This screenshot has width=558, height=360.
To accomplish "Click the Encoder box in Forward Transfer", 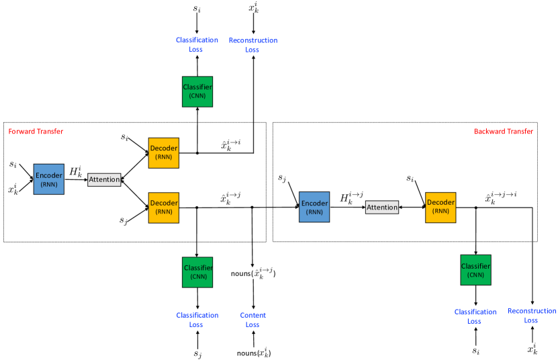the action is point(49,179).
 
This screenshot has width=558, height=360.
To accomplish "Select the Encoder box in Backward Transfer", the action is point(314,207).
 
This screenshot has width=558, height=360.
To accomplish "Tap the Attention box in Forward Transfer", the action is point(104,179).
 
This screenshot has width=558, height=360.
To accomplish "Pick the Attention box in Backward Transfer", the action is point(382,208).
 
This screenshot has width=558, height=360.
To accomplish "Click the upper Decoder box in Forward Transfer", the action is point(164,152).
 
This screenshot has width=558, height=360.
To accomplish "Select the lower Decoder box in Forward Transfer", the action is point(164,208).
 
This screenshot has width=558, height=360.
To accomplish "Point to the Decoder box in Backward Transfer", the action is point(440,208).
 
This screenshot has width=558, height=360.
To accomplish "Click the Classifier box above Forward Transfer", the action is point(197,91).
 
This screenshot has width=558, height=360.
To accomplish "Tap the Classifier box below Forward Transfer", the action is point(197,272).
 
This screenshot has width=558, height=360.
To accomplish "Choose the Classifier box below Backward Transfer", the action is point(476,270).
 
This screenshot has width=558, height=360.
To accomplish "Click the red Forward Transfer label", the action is point(36,132).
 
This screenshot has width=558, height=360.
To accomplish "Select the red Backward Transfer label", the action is point(504,132).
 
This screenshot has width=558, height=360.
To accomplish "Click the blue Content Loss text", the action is point(252,320).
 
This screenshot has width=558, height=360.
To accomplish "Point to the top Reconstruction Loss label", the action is point(253,45).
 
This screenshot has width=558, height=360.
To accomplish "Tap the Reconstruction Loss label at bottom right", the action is point(532,316).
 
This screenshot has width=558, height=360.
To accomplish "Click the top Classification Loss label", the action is point(197,44).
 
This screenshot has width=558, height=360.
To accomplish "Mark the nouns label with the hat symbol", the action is point(253,273).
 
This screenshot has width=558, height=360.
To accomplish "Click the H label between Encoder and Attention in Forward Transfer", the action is point(76,171).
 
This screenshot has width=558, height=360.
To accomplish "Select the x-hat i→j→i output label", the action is point(501,197).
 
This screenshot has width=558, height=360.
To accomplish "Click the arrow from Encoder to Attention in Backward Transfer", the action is point(348,208).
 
